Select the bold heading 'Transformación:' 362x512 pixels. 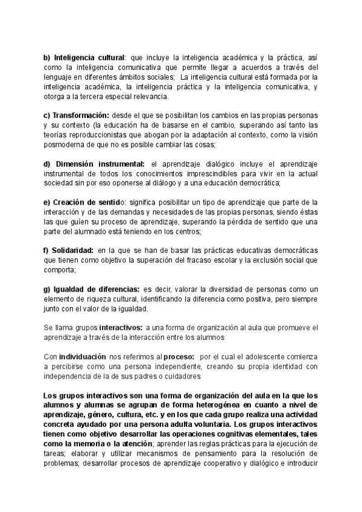point(80,115)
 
